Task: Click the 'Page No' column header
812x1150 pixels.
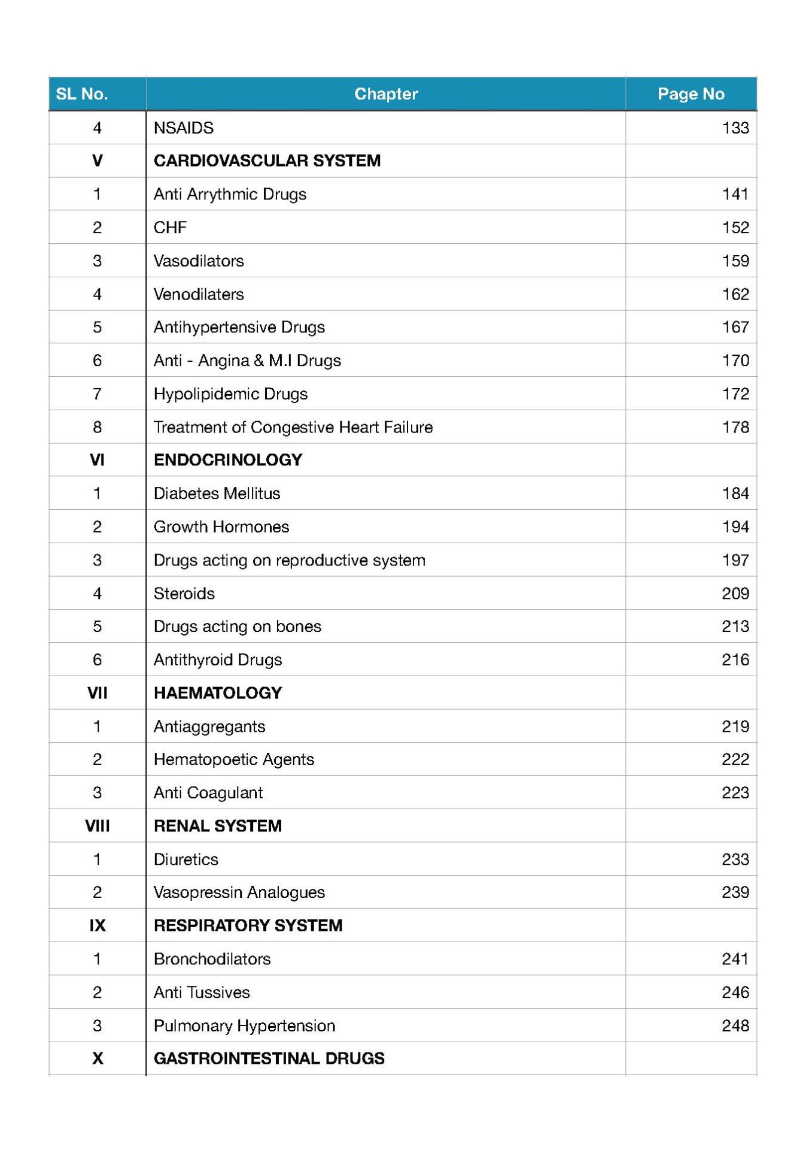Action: point(691,94)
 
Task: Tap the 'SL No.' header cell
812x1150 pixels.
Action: point(82,94)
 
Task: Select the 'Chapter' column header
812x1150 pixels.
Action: point(386,94)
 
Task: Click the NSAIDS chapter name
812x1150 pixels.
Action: point(184,128)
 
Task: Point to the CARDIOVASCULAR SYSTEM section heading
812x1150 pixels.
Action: point(267,161)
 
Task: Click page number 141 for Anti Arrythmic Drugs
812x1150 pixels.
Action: point(735,194)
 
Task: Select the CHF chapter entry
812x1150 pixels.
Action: point(171,228)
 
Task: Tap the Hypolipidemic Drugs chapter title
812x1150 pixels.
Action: point(230,394)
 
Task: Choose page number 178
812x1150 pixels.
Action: point(735,427)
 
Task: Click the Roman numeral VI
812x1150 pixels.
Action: point(97,460)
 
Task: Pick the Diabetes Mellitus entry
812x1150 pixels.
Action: point(217,494)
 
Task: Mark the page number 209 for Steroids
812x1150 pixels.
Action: point(735,594)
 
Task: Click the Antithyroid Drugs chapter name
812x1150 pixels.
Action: point(218,660)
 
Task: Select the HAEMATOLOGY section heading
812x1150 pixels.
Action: point(218,693)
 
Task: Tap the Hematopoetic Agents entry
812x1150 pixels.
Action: point(233,759)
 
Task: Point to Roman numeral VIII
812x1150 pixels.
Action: point(97,826)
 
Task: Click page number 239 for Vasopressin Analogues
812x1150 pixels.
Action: point(735,892)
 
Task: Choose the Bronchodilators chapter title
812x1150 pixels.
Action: point(212,959)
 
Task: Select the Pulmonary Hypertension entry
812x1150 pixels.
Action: point(244,1026)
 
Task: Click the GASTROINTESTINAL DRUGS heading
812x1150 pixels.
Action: point(269,1058)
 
